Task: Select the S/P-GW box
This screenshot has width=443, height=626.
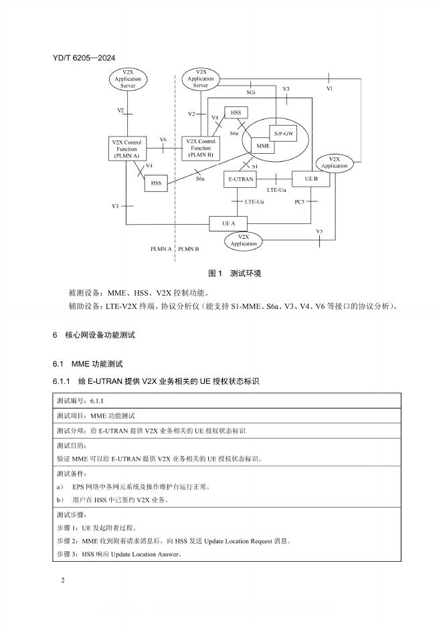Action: (x=282, y=134)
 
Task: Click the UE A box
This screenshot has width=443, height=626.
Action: (x=229, y=223)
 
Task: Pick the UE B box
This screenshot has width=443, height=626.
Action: (x=311, y=179)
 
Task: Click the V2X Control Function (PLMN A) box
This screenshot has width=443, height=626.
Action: (x=126, y=148)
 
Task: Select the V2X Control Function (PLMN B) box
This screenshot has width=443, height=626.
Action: (x=201, y=148)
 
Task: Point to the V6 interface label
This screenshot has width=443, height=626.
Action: (x=163, y=140)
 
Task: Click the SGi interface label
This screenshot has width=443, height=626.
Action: (x=250, y=91)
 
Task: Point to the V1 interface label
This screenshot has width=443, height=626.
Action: (x=329, y=88)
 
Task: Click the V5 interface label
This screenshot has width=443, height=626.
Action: (x=319, y=231)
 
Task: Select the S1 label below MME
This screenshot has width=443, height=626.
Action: (x=255, y=165)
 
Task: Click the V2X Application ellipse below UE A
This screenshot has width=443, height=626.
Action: (x=244, y=240)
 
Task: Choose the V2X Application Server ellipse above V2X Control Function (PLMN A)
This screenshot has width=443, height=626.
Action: (x=128, y=79)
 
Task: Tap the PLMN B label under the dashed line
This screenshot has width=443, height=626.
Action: (x=189, y=249)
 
